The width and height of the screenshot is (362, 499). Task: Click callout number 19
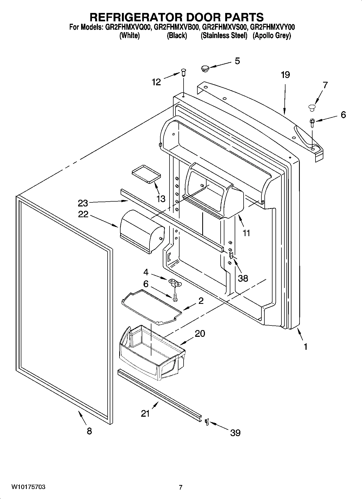point(285,75)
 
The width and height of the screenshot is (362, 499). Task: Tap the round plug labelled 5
point(205,68)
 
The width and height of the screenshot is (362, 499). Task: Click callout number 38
point(243,278)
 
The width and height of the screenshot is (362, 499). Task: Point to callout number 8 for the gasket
point(89,431)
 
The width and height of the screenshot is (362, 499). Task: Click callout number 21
point(145,413)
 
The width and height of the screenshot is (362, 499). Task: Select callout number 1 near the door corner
point(305,347)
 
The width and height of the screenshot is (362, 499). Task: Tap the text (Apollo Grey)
point(271,36)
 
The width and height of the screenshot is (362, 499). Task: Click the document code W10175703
point(28,487)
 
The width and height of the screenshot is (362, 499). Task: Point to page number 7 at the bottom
point(181,487)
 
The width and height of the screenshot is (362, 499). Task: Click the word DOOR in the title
point(195,17)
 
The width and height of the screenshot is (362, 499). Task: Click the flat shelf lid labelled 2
point(151,306)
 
